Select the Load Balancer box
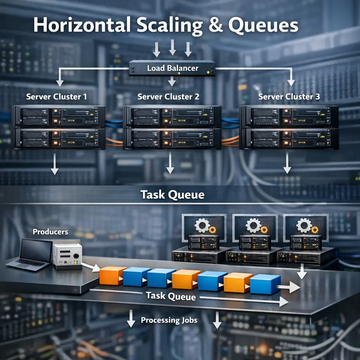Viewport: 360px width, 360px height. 172,68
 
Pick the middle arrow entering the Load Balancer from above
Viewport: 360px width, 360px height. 172,48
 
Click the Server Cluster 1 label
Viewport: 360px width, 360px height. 56,96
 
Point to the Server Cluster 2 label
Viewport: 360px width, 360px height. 168,96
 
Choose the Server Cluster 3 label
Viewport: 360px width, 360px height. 289,96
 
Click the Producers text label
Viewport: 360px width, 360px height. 50,232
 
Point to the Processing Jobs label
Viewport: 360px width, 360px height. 169,320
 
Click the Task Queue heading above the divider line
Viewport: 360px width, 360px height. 172,194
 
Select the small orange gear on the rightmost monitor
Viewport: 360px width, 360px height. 315,230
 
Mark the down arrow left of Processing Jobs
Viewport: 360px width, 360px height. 131,319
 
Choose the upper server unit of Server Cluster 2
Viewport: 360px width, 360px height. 172,117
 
